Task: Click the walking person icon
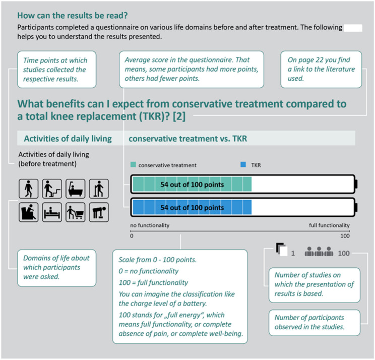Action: click(x=28, y=189)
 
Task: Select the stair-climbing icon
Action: click(x=52, y=189)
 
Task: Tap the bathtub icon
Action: click(x=75, y=189)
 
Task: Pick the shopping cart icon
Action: click(x=75, y=212)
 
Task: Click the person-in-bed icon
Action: click(x=52, y=212)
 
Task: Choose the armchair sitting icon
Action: click(x=28, y=212)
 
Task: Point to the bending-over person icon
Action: click(x=99, y=212)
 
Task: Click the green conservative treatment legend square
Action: click(x=133, y=164)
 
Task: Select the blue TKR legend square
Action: click(x=243, y=164)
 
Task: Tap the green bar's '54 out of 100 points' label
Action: click(x=192, y=185)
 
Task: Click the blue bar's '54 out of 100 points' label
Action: click(x=192, y=207)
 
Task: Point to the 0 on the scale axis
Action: click(x=132, y=236)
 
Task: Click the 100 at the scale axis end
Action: click(x=345, y=236)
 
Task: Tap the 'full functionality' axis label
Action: click(x=329, y=225)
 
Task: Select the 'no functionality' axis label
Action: click(x=150, y=225)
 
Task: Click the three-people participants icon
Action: click(x=319, y=252)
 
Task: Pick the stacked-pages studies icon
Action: click(x=281, y=250)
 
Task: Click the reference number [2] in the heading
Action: click(x=179, y=116)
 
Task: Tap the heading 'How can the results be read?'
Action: click(x=73, y=15)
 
